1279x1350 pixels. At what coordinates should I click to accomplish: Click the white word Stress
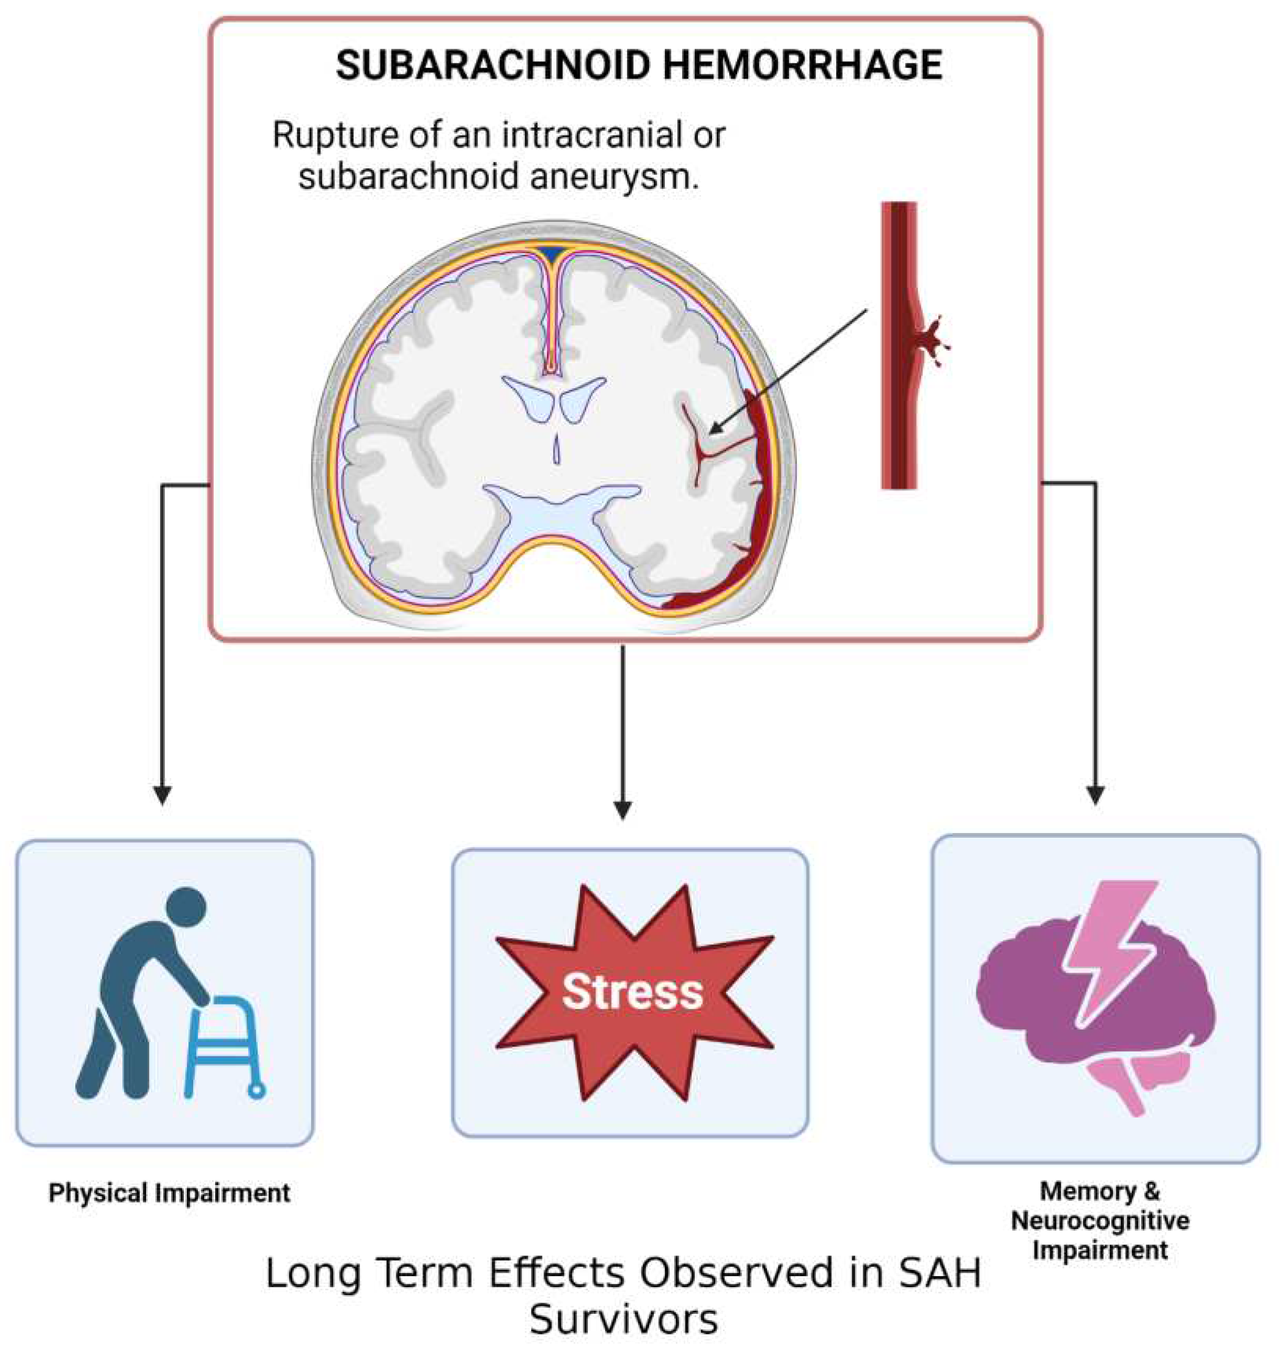(x=632, y=992)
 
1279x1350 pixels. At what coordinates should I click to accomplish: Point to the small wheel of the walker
(x=257, y=1090)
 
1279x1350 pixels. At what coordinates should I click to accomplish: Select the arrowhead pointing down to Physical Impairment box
(x=162, y=795)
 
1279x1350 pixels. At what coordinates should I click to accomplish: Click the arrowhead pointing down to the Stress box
(x=622, y=809)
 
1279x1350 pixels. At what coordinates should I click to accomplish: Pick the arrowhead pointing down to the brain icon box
(x=1096, y=795)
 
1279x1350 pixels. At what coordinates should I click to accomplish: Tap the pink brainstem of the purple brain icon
(x=1128, y=1088)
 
